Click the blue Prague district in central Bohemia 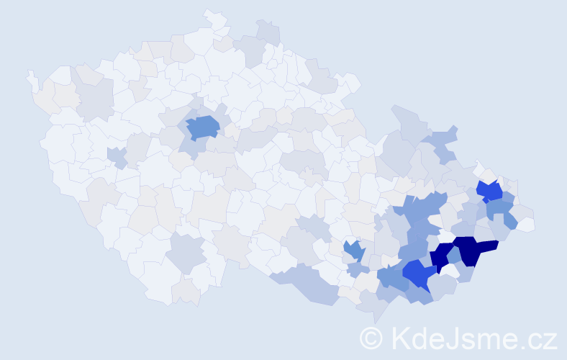(203, 127)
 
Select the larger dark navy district (472, 249)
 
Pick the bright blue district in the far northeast (490, 191)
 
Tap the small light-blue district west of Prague (115, 156)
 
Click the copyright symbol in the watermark (371, 338)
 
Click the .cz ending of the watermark (539, 338)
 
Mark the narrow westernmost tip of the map (30, 75)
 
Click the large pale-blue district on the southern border (306, 283)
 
